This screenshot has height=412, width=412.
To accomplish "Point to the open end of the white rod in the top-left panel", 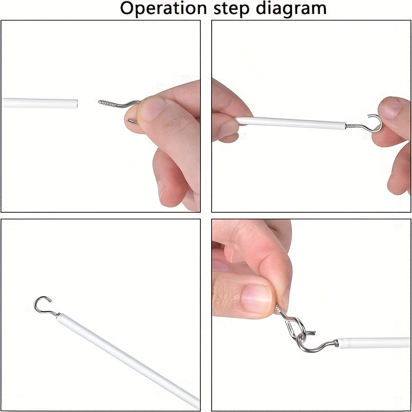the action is (76, 104).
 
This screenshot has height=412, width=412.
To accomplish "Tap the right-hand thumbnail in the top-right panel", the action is (391, 107).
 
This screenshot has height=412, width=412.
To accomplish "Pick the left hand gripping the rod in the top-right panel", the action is (229, 112).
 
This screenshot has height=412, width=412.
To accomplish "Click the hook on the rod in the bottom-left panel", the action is (44, 306).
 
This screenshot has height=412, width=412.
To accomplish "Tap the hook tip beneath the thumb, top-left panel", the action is (132, 121).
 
